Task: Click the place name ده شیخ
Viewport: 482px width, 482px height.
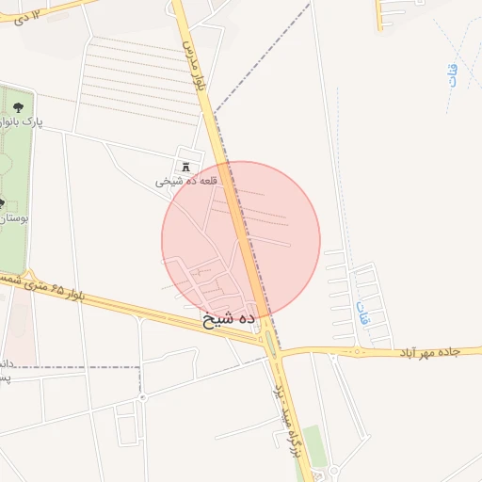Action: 229,320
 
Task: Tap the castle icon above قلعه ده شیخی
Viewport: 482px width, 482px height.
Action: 185,165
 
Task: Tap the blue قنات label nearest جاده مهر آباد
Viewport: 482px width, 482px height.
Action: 362,312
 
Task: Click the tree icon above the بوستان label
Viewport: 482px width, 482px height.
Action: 3,202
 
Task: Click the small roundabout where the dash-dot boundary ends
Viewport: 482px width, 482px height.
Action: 142,397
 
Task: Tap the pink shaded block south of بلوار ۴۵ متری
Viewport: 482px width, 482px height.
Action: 24,325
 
